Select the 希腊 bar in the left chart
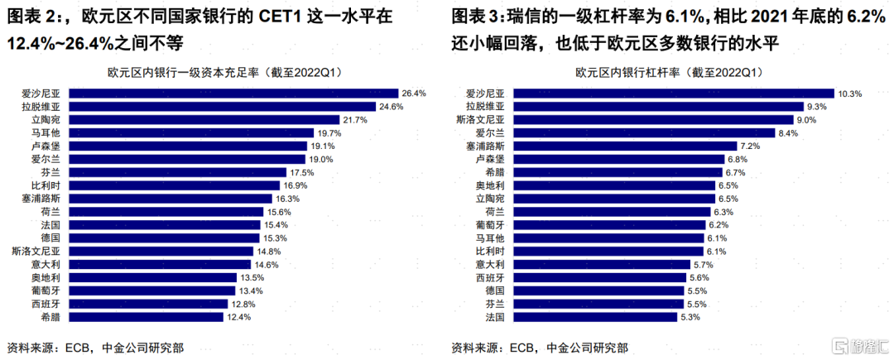point(147,317)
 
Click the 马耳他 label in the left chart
point(46,133)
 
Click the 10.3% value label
point(849,94)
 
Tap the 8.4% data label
point(787,133)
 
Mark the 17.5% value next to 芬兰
point(303,172)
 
